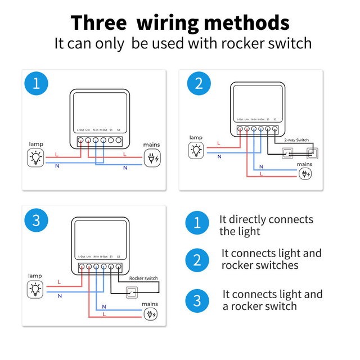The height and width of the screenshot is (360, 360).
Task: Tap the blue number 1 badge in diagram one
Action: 37,84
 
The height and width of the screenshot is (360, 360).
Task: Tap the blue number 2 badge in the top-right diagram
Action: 199,84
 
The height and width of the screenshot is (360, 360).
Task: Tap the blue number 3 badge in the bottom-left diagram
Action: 37,220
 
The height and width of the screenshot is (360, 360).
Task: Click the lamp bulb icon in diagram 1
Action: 36,158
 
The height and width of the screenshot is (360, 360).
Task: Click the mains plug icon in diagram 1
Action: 151,158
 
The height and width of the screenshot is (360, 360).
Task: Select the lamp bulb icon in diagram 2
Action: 196,150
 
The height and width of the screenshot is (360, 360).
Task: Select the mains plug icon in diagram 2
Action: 304,174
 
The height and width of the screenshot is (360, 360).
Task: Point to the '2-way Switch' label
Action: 296,139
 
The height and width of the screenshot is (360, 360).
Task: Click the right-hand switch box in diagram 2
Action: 312,152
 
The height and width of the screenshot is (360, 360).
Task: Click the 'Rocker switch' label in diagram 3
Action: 143,278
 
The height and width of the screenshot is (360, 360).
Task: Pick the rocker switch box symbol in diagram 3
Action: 132,292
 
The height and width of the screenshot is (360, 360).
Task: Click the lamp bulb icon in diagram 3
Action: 35,289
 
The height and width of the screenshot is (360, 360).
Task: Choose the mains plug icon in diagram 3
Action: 151,314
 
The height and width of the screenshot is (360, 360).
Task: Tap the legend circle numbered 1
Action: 196,222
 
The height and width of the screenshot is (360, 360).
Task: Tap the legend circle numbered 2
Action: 196,259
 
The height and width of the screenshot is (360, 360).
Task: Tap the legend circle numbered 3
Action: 196,300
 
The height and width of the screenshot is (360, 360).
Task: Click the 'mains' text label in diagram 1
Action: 151,145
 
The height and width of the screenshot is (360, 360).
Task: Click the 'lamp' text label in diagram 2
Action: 196,137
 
